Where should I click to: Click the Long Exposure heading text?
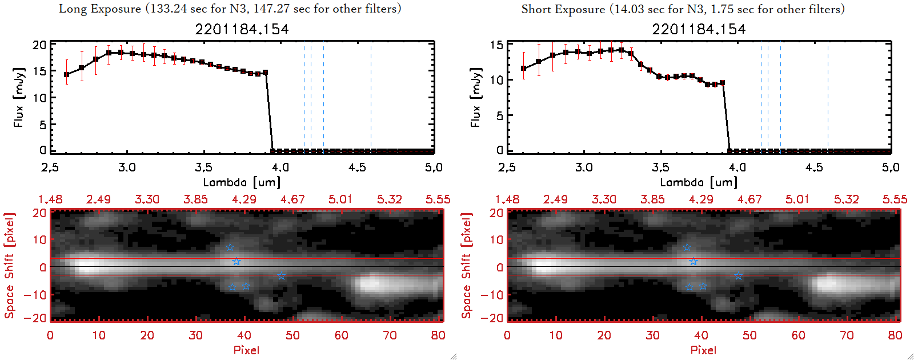pos(230,9)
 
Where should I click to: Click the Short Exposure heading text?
pos(683,9)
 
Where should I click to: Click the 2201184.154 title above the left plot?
pos(242,29)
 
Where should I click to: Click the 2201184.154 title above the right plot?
pos(699,29)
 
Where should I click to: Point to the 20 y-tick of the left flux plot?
pos(39,45)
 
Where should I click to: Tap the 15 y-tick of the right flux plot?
pos(496,45)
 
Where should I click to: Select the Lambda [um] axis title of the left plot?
pos(242,182)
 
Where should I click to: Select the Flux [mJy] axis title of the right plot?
pos(475,97)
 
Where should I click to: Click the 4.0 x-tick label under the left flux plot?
pos(280,167)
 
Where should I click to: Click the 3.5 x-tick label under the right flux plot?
pos(660,167)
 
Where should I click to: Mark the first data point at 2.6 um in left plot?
pos(66,75)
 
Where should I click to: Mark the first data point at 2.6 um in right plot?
pos(523,69)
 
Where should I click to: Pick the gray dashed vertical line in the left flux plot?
pos(371,97)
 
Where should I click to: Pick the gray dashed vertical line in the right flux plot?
pos(828,97)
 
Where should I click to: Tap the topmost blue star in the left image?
pos(230,247)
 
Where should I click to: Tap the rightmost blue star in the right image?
pos(738,276)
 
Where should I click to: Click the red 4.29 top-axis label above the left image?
pos(244,199)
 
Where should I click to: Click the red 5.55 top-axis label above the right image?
pos(895,199)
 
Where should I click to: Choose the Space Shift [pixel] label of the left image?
pos(9,266)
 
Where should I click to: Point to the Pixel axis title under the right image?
pos(703,350)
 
